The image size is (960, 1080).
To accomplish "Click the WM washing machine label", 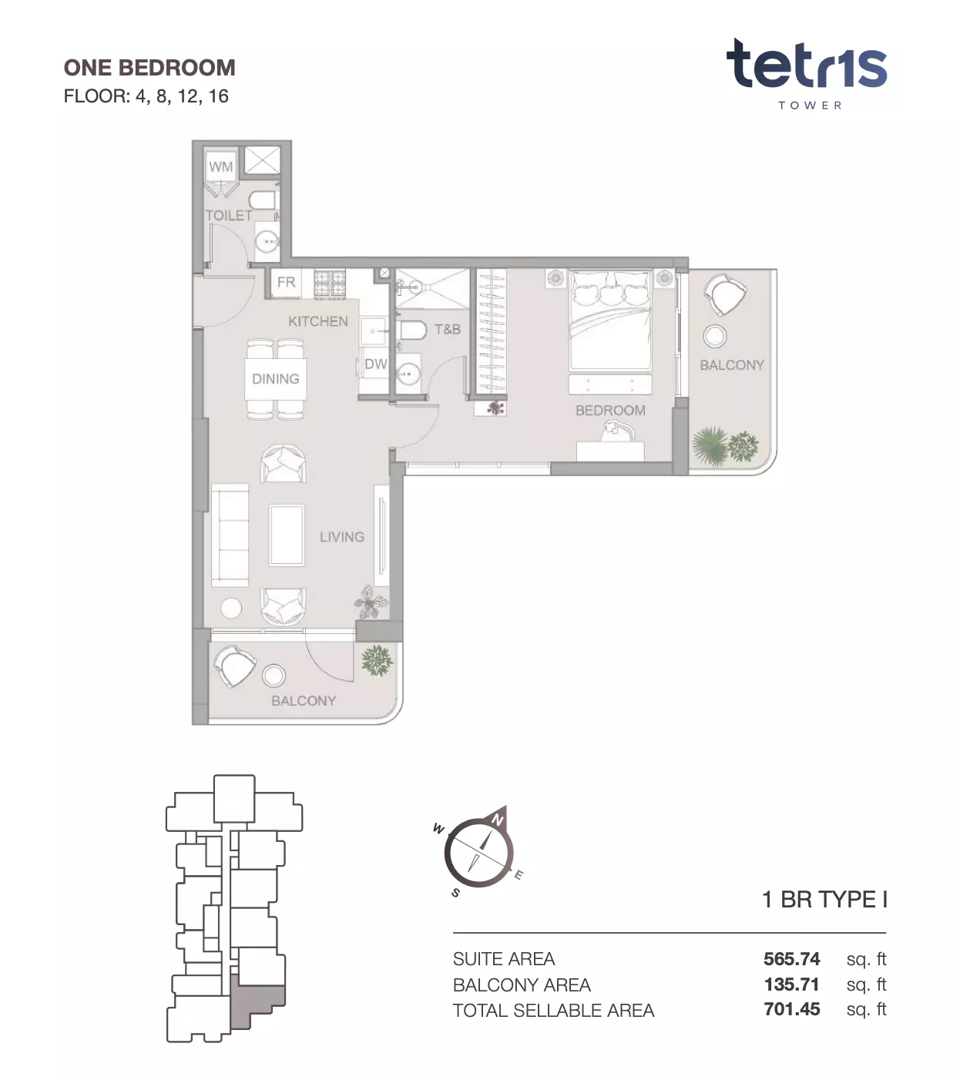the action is point(221,167).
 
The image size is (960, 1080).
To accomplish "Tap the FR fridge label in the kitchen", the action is point(287,281).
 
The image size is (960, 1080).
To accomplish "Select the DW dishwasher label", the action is point(375,364).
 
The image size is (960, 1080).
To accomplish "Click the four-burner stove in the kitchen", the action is point(330,283).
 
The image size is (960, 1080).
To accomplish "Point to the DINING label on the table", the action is point(276,379).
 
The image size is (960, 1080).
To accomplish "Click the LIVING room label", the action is point(342,537).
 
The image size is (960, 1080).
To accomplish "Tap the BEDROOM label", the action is point(611,411).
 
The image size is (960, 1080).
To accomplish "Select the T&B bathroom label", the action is point(448,330).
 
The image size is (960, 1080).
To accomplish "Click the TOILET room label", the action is point(229,216).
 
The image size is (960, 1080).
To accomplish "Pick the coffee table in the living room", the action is point(287,535).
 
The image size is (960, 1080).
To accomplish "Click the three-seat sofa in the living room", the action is point(230,535).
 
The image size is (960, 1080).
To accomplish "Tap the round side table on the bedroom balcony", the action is point(715,336).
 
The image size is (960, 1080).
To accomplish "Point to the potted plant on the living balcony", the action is point(377,660).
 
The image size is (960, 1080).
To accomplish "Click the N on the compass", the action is point(497,820).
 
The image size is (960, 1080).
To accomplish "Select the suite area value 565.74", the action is point(791,959).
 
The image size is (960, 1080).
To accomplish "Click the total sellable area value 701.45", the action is point(791,1009).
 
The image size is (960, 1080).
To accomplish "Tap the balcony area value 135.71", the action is point(791,984).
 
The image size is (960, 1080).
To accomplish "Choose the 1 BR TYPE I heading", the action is point(824,900).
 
